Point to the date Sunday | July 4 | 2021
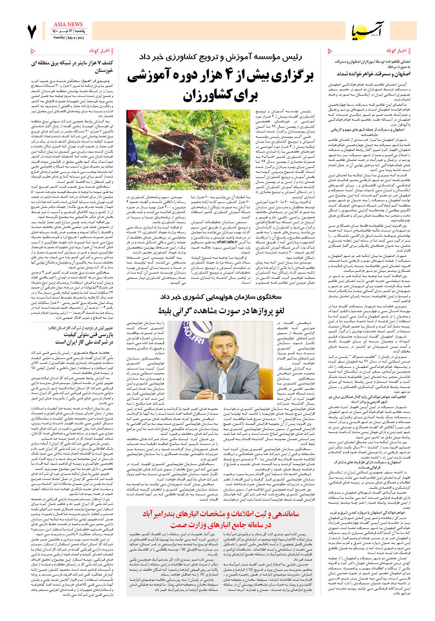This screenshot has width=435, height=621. [x=69, y=38]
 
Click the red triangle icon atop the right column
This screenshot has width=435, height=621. [x=330, y=51]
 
